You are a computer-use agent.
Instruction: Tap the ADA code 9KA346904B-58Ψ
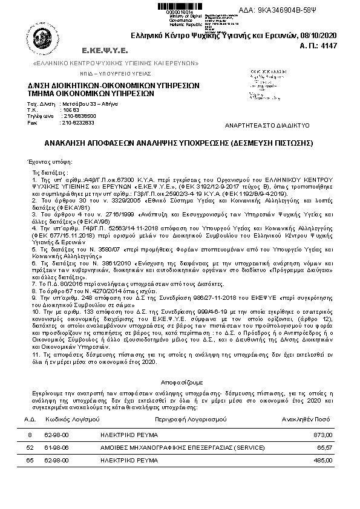(x=316, y=11)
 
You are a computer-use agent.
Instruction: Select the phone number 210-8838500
(x=79, y=115)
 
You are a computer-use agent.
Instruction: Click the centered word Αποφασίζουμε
(x=180, y=383)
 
